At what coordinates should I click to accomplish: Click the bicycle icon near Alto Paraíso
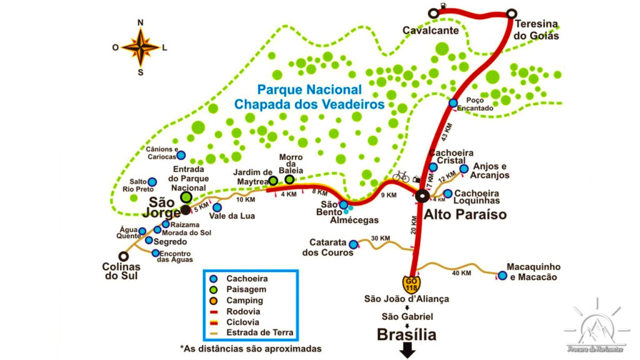coord(401,177)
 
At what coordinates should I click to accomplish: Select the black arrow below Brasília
coord(407,351)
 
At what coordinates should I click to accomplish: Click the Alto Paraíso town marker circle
coord(422,197)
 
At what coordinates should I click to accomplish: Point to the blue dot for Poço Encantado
coord(453,103)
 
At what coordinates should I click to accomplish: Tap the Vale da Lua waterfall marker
coord(217,207)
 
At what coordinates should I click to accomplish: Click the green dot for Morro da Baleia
coord(289,180)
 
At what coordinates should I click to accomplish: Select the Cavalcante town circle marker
coord(433,12)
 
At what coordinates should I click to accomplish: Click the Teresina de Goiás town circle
coord(511,12)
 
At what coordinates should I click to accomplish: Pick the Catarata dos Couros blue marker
coord(353,244)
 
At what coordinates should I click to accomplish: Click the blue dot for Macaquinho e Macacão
coord(502,276)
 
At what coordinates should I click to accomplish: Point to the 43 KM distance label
coord(446,133)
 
